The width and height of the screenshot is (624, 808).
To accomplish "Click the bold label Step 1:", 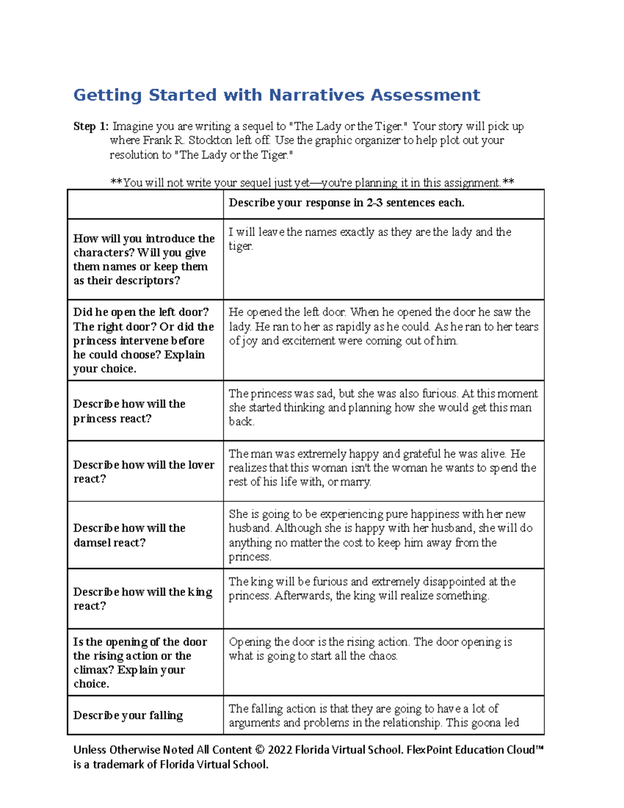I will [x=91, y=126].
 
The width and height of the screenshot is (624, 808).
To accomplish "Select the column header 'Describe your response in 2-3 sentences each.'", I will [x=346, y=203].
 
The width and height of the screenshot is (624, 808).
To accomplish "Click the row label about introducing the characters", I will [x=144, y=259].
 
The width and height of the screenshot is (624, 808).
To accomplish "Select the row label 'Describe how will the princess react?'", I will [x=129, y=411].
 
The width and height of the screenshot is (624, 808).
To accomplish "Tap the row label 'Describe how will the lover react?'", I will [x=144, y=471].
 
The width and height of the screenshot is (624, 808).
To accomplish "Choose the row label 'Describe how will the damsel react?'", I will [x=129, y=535].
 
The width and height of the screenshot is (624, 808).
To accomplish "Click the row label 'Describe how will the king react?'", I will [x=142, y=598].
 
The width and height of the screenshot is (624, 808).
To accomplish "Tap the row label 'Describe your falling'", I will [x=128, y=715].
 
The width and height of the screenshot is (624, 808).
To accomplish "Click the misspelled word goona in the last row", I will [x=475, y=723].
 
